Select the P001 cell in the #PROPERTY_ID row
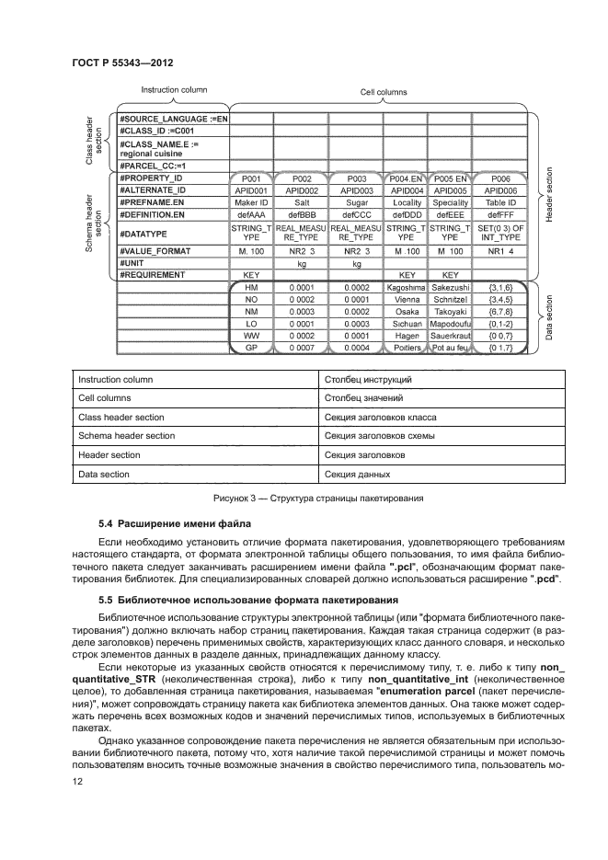click(250, 178)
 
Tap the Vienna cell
click(405, 300)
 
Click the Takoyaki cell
click(451, 312)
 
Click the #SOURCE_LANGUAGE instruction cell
click(172, 120)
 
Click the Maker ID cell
click(250, 202)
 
